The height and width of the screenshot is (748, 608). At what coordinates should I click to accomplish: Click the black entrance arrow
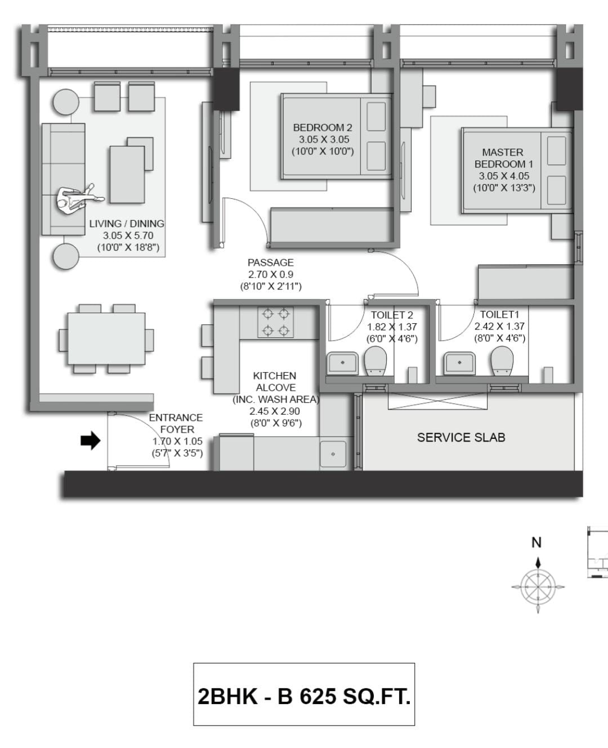click(x=91, y=440)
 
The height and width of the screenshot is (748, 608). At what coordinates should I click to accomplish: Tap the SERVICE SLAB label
click(x=461, y=438)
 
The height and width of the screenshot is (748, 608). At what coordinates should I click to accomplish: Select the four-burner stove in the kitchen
click(x=275, y=322)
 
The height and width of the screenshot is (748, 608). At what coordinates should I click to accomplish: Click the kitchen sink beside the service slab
click(x=333, y=454)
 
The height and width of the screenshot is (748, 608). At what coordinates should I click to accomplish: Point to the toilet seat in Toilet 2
click(x=375, y=361)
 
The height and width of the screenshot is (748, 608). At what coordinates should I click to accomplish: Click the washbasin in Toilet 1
click(x=459, y=363)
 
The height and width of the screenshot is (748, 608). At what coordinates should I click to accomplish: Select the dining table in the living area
click(x=106, y=339)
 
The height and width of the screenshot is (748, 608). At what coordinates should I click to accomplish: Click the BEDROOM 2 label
click(x=323, y=127)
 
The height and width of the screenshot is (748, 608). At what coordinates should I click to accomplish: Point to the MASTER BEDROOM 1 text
click(x=503, y=158)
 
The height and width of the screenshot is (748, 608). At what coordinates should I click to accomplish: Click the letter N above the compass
click(x=537, y=542)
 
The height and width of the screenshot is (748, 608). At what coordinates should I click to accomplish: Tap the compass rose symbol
click(x=538, y=587)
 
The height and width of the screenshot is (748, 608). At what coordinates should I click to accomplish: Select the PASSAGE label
click(x=271, y=262)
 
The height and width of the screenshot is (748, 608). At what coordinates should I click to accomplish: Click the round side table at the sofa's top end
click(x=66, y=102)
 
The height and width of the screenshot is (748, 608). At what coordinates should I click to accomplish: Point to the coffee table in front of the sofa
click(x=127, y=175)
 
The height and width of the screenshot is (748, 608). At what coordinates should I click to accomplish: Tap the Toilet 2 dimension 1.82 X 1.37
click(x=392, y=327)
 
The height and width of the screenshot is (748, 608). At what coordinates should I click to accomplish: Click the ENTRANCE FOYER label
click(x=176, y=424)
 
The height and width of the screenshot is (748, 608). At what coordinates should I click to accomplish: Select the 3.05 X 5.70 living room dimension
click(x=128, y=235)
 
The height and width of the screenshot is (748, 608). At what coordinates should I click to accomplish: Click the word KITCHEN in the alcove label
click(x=275, y=376)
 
